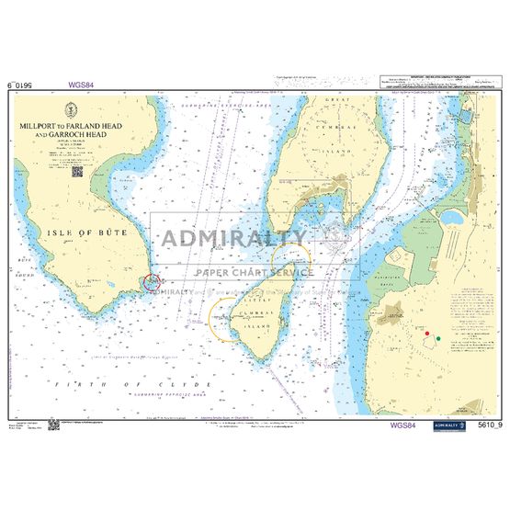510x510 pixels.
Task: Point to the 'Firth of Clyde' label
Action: (110, 385)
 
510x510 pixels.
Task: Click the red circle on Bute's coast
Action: (152, 283)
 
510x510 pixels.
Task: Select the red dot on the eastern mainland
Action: (427, 332)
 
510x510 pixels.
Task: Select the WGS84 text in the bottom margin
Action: (402, 425)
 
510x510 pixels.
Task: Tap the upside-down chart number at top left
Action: (25, 85)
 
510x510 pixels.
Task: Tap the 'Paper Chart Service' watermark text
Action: (254, 272)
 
